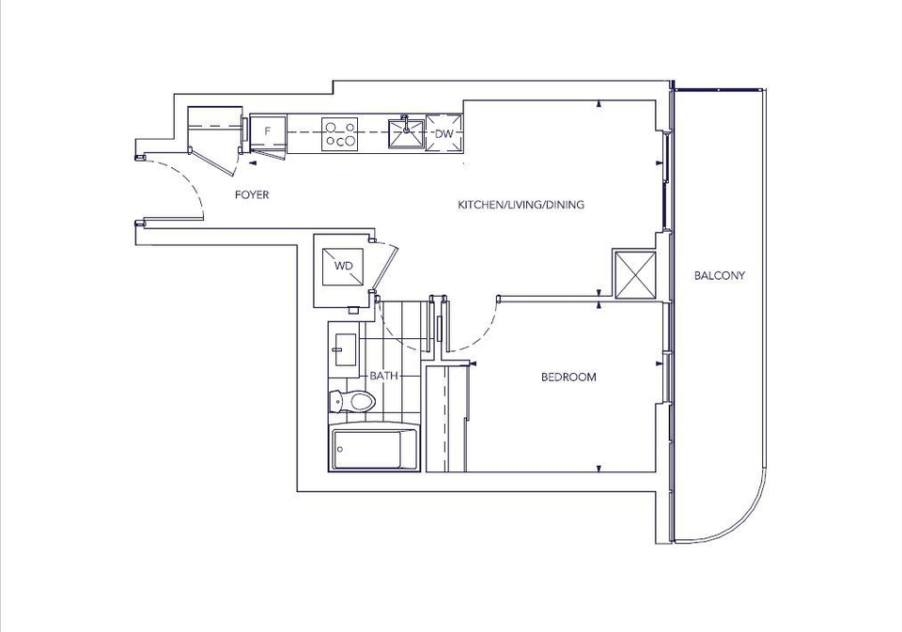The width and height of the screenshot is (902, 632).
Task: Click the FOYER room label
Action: pos(252,195)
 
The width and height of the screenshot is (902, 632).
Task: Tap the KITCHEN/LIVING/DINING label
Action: pos(521,205)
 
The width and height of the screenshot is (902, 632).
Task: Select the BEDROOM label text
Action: pos(568,378)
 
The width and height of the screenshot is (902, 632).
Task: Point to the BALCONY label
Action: pos(719,275)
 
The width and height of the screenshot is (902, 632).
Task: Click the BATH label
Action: pos(383,376)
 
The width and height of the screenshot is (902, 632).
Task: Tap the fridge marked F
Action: pos(268,131)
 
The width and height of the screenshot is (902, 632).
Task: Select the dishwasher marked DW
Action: pos(443,133)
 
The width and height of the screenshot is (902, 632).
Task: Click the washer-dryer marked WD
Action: pos(343,267)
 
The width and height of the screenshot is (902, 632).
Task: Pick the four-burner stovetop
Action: pos(339,134)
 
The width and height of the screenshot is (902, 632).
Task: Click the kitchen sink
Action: pos(406,133)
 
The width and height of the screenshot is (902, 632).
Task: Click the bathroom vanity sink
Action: pos(344,349)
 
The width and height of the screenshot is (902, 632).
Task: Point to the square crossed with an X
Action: pos(635,275)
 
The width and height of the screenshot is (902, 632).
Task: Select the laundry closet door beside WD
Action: pos(384,268)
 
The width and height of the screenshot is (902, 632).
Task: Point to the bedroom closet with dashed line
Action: pos(446,418)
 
